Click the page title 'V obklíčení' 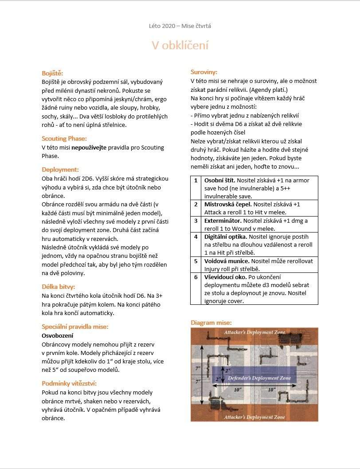coord(180,45)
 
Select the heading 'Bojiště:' coord(52,73)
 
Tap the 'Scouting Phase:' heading coord(64,138)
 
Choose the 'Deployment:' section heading coord(60,169)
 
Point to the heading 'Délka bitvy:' coord(59,287)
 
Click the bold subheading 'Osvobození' coord(58,335)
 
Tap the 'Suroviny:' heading coord(204,72)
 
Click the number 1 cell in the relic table coord(196,181)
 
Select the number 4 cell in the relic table coord(196,236)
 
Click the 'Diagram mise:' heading coord(211,323)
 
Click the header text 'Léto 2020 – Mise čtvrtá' coord(180,26)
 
